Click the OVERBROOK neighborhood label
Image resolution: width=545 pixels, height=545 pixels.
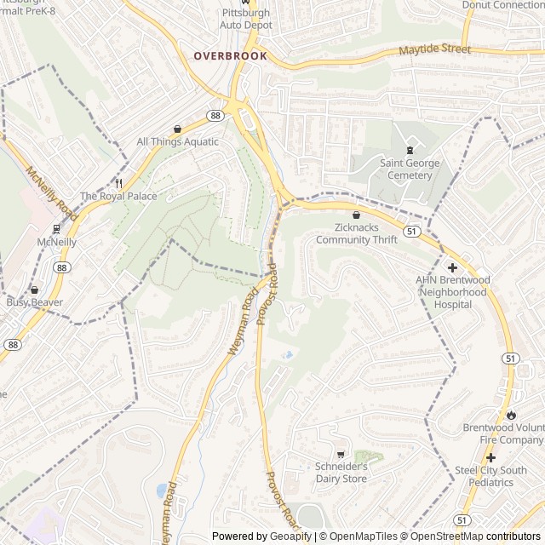230,56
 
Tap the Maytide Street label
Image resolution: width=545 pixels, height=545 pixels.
434,50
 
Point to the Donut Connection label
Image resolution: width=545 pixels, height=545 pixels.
502,5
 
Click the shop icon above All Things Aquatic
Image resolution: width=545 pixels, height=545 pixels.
177,129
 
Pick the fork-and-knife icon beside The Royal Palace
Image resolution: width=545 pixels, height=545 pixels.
118,182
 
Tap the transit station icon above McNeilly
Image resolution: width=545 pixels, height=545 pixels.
56,228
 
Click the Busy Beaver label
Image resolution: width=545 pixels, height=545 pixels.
29,301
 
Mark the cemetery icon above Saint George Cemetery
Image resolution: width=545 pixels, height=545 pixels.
410,150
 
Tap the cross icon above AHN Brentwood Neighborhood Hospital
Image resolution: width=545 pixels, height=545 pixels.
451,267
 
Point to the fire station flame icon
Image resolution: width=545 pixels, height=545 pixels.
510,415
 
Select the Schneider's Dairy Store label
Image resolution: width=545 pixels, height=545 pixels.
341,473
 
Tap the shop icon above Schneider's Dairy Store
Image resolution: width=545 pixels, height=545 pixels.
341,455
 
